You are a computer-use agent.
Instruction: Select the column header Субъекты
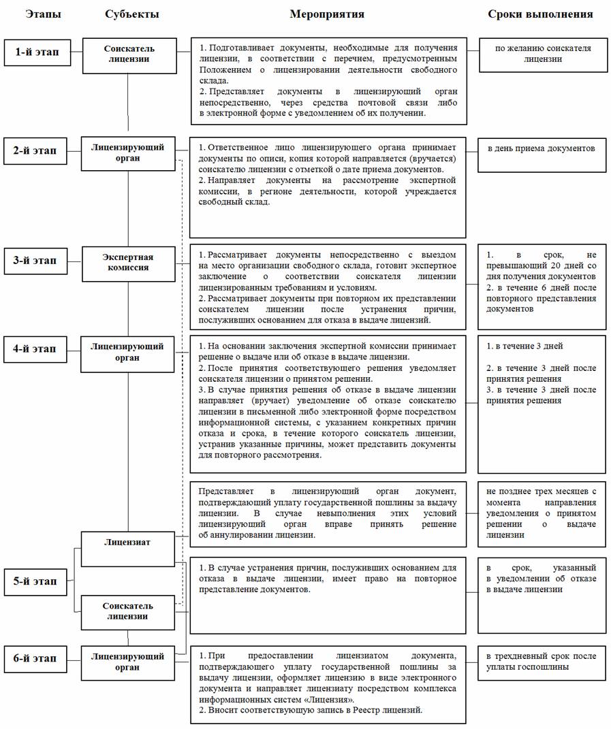click(x=132, y=14)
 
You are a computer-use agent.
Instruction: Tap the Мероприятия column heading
click(x=327, y=14)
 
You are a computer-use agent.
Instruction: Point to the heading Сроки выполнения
click(x=540, y=14)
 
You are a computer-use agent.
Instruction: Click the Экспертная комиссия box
click(x=128, y=262)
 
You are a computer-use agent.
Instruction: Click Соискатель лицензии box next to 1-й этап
click(x=129, y=54)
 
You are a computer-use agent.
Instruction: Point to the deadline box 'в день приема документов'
click(x=541, y=148)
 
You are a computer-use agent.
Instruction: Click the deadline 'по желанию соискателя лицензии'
click(x=541, y=54)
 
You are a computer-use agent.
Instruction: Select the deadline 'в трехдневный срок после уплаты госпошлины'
click(x=541, y=662)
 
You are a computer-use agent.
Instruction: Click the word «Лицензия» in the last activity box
click(x=331, y=699)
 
